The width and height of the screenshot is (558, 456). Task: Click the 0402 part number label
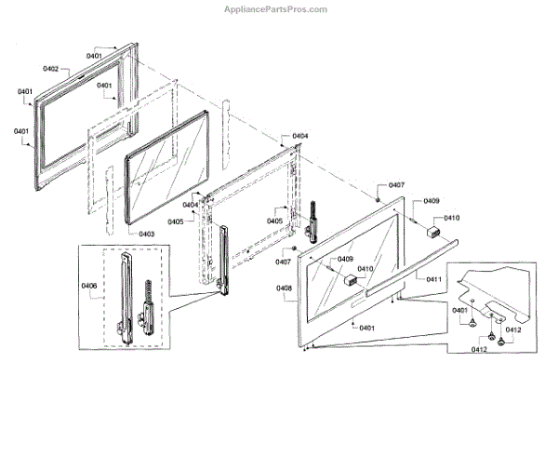(51, 69)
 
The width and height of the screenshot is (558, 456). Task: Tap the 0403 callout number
(147, 235)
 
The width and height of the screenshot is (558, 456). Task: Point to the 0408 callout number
(285, 289)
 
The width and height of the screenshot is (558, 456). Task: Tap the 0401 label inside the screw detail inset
(460, 310)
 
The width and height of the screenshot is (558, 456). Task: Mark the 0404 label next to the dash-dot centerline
(300, 137)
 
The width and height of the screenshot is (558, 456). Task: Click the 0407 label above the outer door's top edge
(397, 185)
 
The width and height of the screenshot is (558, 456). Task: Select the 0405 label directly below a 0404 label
(175, 221)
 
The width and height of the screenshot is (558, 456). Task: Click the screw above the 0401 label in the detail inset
(473, 321)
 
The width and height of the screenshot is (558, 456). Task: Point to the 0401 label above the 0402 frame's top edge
(95, 56)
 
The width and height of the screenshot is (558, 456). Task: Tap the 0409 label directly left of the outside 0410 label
(432, 201)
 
